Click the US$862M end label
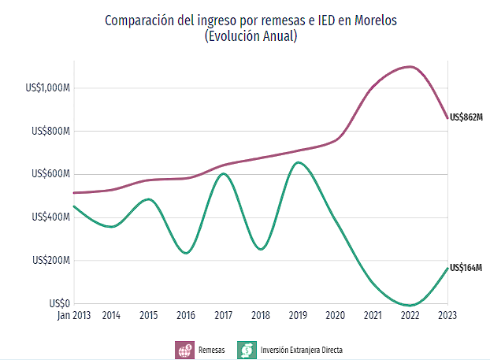point(465,117)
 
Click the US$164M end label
point(465,268)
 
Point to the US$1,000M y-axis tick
point(48,88)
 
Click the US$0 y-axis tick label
point(58,303)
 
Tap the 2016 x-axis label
point(186,316)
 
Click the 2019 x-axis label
point(297,316)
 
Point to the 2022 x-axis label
point(410,316)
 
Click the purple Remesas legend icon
point(184,349)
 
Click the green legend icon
point(247,349)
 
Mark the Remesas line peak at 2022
point(410,67)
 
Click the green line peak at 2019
point(297,163)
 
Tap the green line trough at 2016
point(186,253)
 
